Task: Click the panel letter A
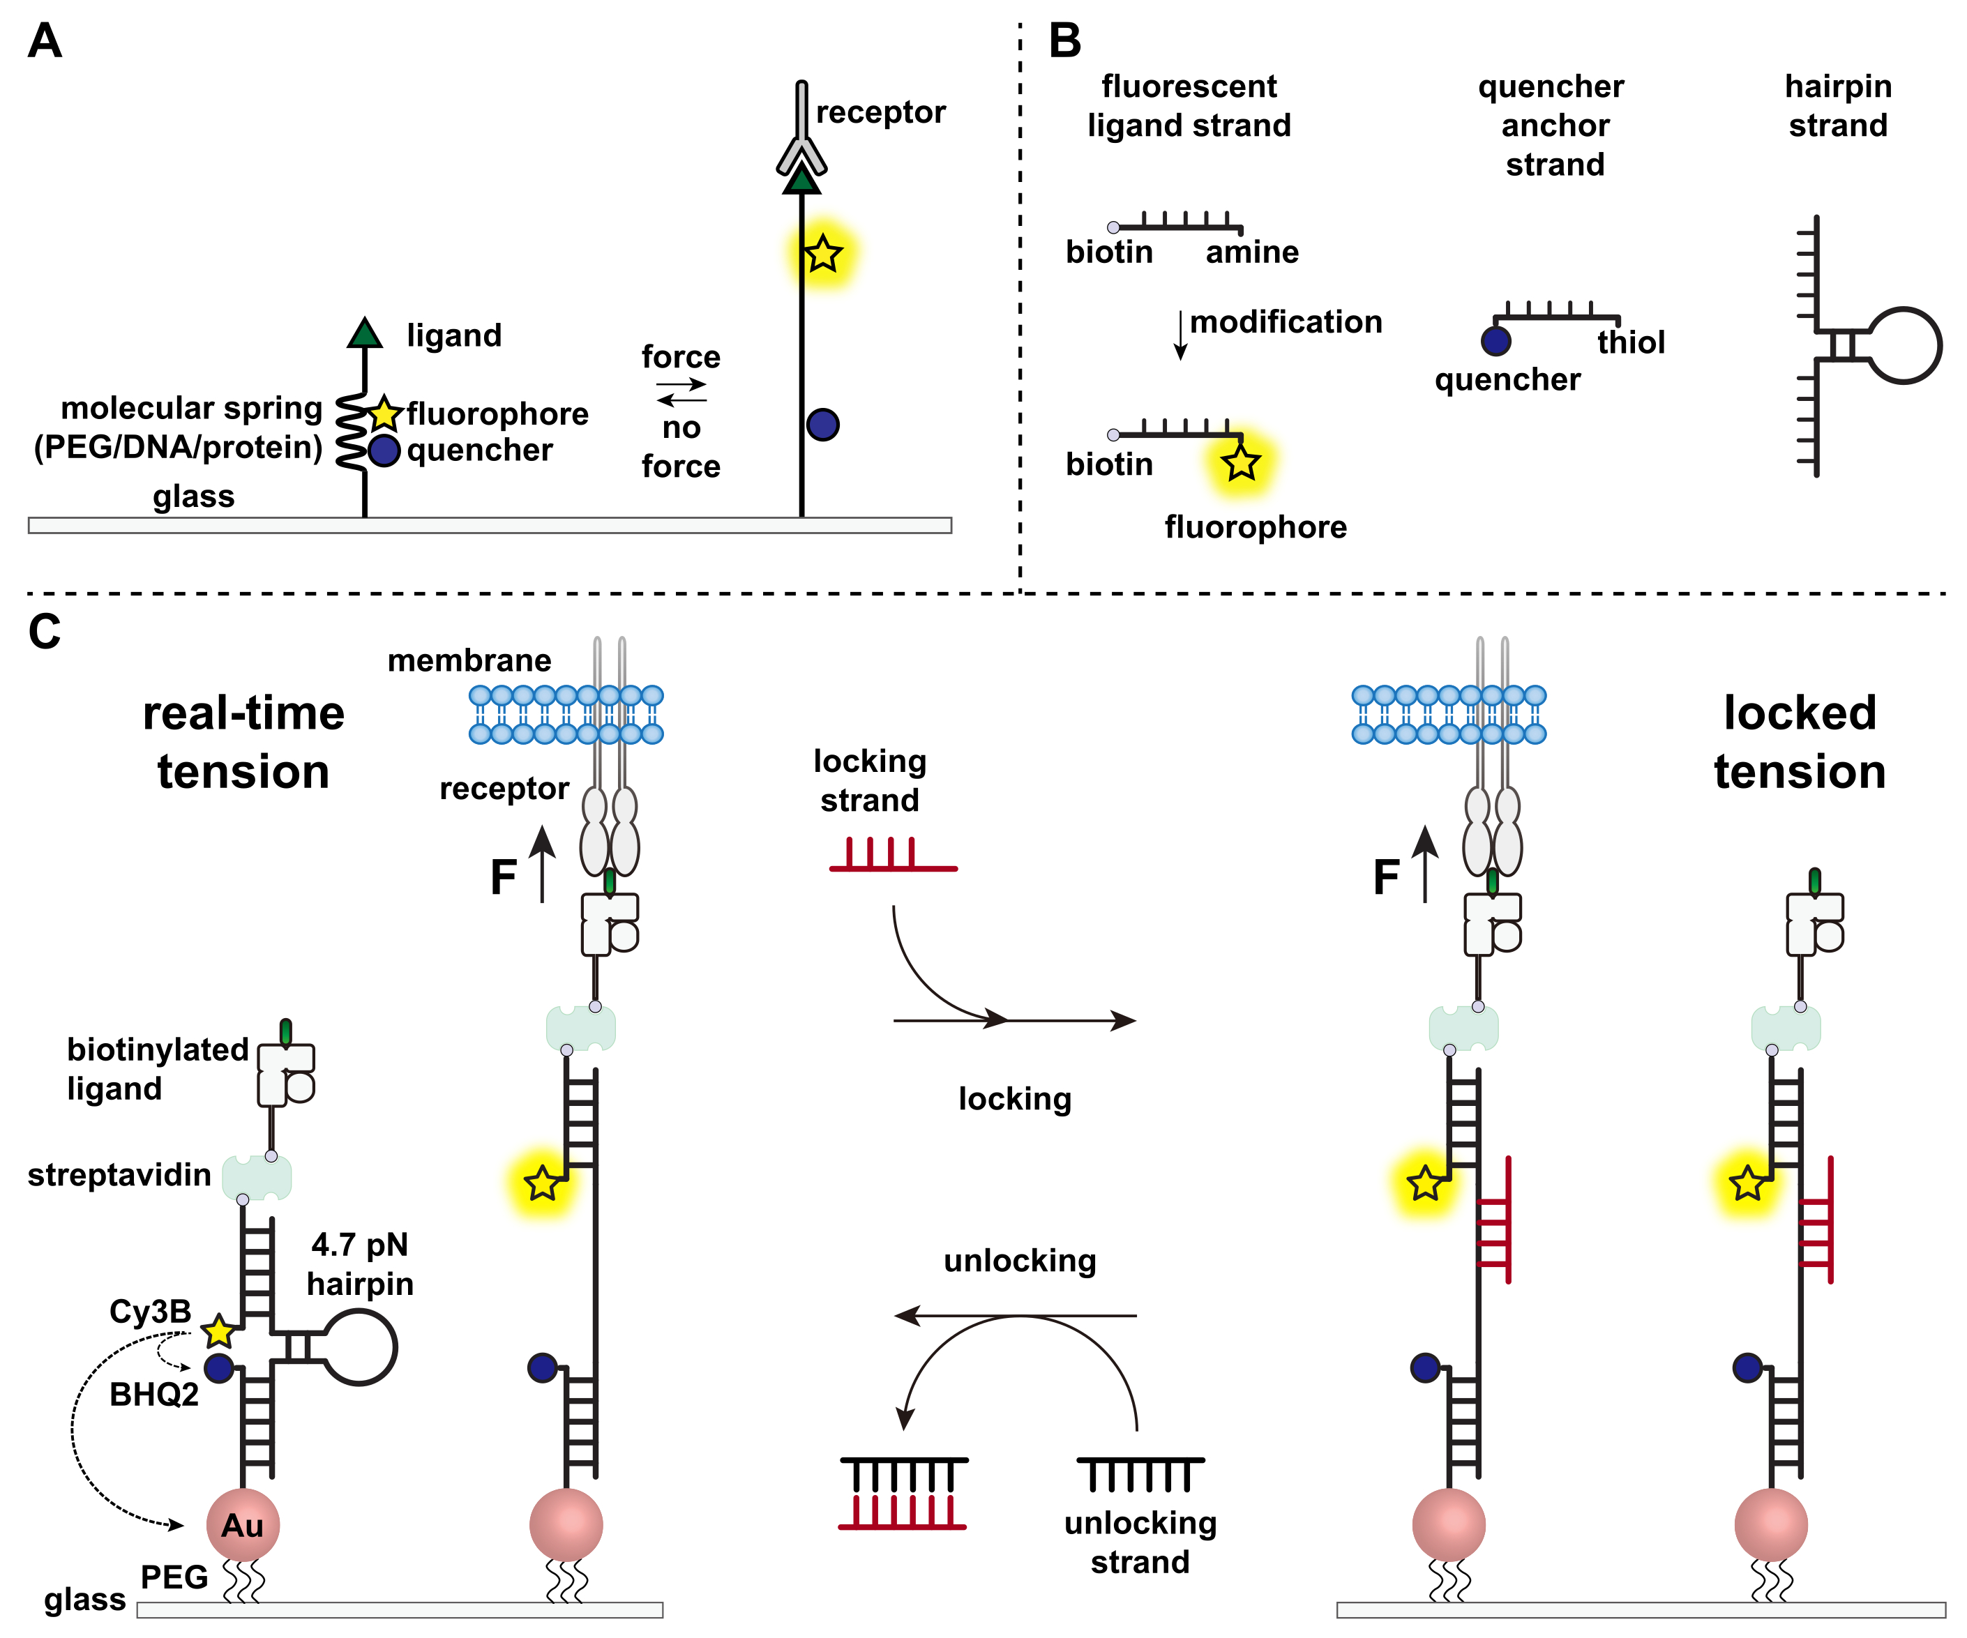pyautogui.click(x=44, y=41)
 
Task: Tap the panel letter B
pyautogui.click(x=1065, y=41)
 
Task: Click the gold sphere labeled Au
pyautogui.click(x=243, y=1524)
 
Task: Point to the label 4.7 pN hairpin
pyautogui.click(x=360, y=1264)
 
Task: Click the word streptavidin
pyautogui.click(x=119, y=1174)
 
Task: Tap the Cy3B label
pyautogui.click(x=150, y=1311)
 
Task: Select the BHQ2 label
pyautogui.click(x=153, y=1395)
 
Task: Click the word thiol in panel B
pyautogui.click(x=1631, y=343)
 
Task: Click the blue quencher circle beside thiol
pyautogui.click(x=1496, y=341)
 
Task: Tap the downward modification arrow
pyautogui.click(x=1180, y=335)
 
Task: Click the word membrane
pyautogui.click(x=469, y=660)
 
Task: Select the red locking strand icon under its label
pyautogui.click(x=893, y=856)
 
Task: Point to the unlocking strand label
pyautogui.click(x=1140, y=1542)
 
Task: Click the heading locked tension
pyautogui.click(x=1800, y=742)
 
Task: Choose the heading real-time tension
pyautogui.click(x=243, y=742)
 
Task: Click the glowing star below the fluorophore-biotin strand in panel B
pyautogui.click(x=1241, y=462)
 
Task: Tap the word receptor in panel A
pyautogui.click(x=880, y=112)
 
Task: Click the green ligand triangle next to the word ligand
pyautogui.click(x=364, y=333)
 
